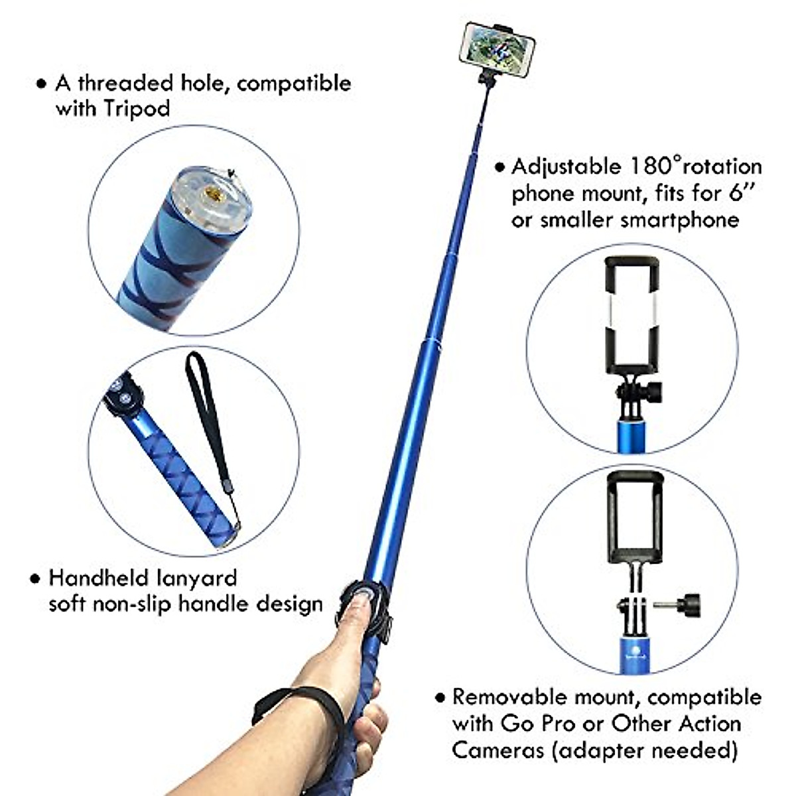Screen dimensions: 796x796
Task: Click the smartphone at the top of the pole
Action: pos(497,50)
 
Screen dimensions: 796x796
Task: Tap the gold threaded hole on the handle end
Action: pos(213,193)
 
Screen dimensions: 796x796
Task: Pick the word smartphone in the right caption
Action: pos(680,220)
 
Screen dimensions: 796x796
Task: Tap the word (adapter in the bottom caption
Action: pos(597,750)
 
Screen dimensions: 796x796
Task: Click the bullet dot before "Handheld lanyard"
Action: pos(35,578)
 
